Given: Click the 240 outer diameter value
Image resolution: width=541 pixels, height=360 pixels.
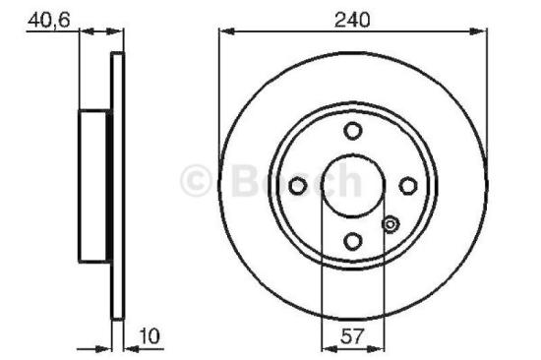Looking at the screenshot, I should (x=351, y=20).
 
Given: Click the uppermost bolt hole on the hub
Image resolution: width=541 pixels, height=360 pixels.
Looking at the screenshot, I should (x=352, y=131).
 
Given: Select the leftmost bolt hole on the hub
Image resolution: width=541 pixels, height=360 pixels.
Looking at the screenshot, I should (x=299, y=184).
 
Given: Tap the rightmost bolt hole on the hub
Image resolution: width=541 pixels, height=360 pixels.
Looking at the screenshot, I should (x=405, y=184).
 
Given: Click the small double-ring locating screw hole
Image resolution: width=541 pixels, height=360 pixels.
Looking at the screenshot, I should (x=390, y=224).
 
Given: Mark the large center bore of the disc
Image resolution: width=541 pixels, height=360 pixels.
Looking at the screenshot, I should (x=352, y=184).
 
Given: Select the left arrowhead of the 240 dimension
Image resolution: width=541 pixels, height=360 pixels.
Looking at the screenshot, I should (x=225, y=32).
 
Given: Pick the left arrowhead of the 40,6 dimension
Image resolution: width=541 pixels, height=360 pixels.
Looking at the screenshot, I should (x=85, y=32).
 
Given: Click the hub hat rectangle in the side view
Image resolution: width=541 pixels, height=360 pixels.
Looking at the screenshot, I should (x=95, y=184).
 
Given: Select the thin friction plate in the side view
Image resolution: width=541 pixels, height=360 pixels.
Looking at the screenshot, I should (x=119, y=184).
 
